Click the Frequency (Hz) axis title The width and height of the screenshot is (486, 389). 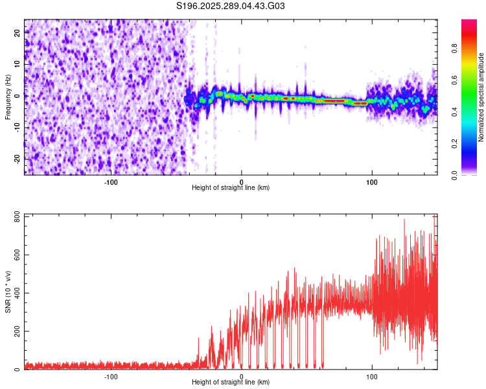[8, 96]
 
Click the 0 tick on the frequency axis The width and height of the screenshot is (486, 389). [17, 95]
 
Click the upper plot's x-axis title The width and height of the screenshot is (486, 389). [231, 187]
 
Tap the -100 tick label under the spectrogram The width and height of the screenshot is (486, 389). [111, 182]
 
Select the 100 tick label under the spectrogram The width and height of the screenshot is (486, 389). [372, 182]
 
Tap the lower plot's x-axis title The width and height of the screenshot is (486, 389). [231, 382]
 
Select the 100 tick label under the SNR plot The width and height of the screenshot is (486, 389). [372, 376]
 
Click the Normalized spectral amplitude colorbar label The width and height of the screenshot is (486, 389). [481, 97]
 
